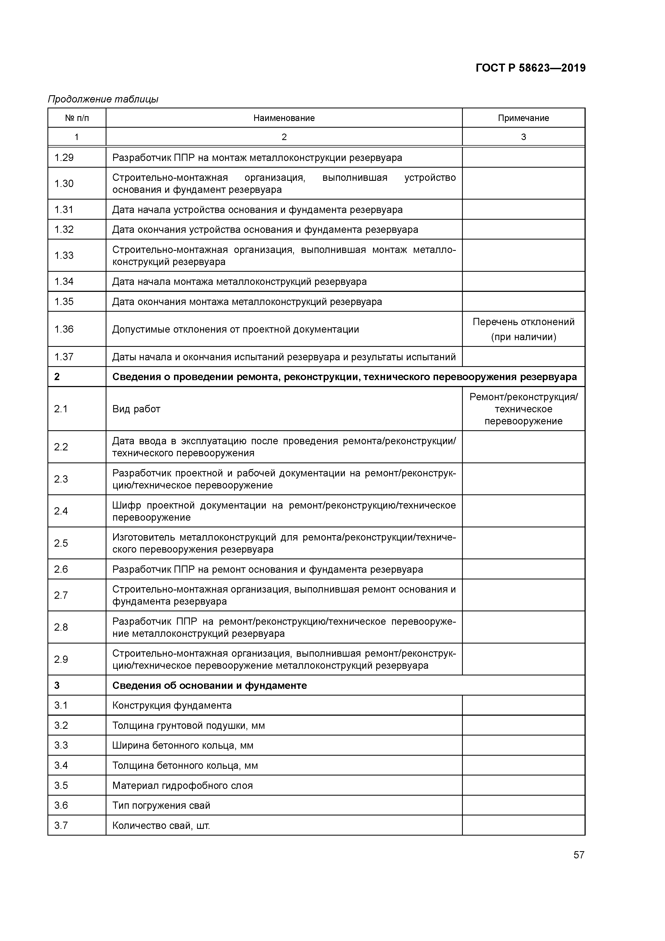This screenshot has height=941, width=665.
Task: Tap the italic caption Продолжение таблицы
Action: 103,99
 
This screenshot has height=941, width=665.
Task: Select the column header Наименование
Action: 284,118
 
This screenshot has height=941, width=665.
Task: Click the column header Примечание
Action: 523,118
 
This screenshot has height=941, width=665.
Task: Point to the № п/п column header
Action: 77,118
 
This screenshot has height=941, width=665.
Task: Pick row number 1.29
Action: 64,158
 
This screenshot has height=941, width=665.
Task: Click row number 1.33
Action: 64,255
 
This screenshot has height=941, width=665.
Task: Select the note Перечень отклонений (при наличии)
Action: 523,329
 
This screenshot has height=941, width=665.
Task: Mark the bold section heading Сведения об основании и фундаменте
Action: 209,686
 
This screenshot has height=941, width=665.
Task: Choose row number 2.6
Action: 61,569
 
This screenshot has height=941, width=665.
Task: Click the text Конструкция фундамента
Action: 172,706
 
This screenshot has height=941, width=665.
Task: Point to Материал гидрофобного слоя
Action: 182,786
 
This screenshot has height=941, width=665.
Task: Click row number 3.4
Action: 61,766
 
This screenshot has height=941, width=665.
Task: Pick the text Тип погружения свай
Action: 161,806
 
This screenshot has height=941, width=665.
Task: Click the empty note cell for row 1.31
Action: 523,209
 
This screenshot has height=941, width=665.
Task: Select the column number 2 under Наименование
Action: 284,137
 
